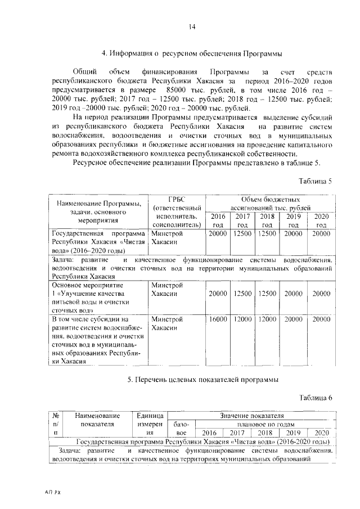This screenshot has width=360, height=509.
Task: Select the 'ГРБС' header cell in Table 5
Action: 177,199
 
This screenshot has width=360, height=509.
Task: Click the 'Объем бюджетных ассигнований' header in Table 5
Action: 269,203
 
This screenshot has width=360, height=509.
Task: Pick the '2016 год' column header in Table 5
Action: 217,220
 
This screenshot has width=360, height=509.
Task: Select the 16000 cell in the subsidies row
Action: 217,319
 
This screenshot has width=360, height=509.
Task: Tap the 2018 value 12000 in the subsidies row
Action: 267,319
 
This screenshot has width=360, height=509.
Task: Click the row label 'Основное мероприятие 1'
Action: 98,293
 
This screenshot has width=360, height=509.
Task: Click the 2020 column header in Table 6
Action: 321,433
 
